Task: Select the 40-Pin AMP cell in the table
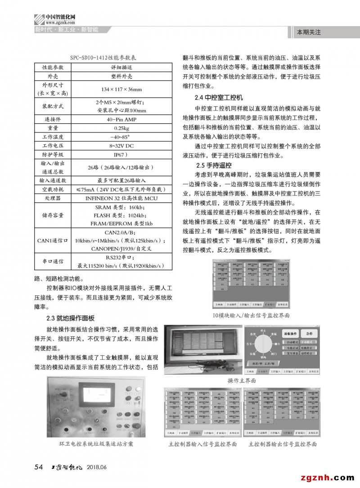tap(119, 119)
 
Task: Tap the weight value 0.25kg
tap(119, 128)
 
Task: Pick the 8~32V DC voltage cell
tap(119, 146)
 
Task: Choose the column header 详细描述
tap(119, 67)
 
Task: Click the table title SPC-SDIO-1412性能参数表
tap(103, 58)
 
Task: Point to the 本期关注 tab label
tap(309, 32)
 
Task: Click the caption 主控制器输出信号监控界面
tap(283, 444)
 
